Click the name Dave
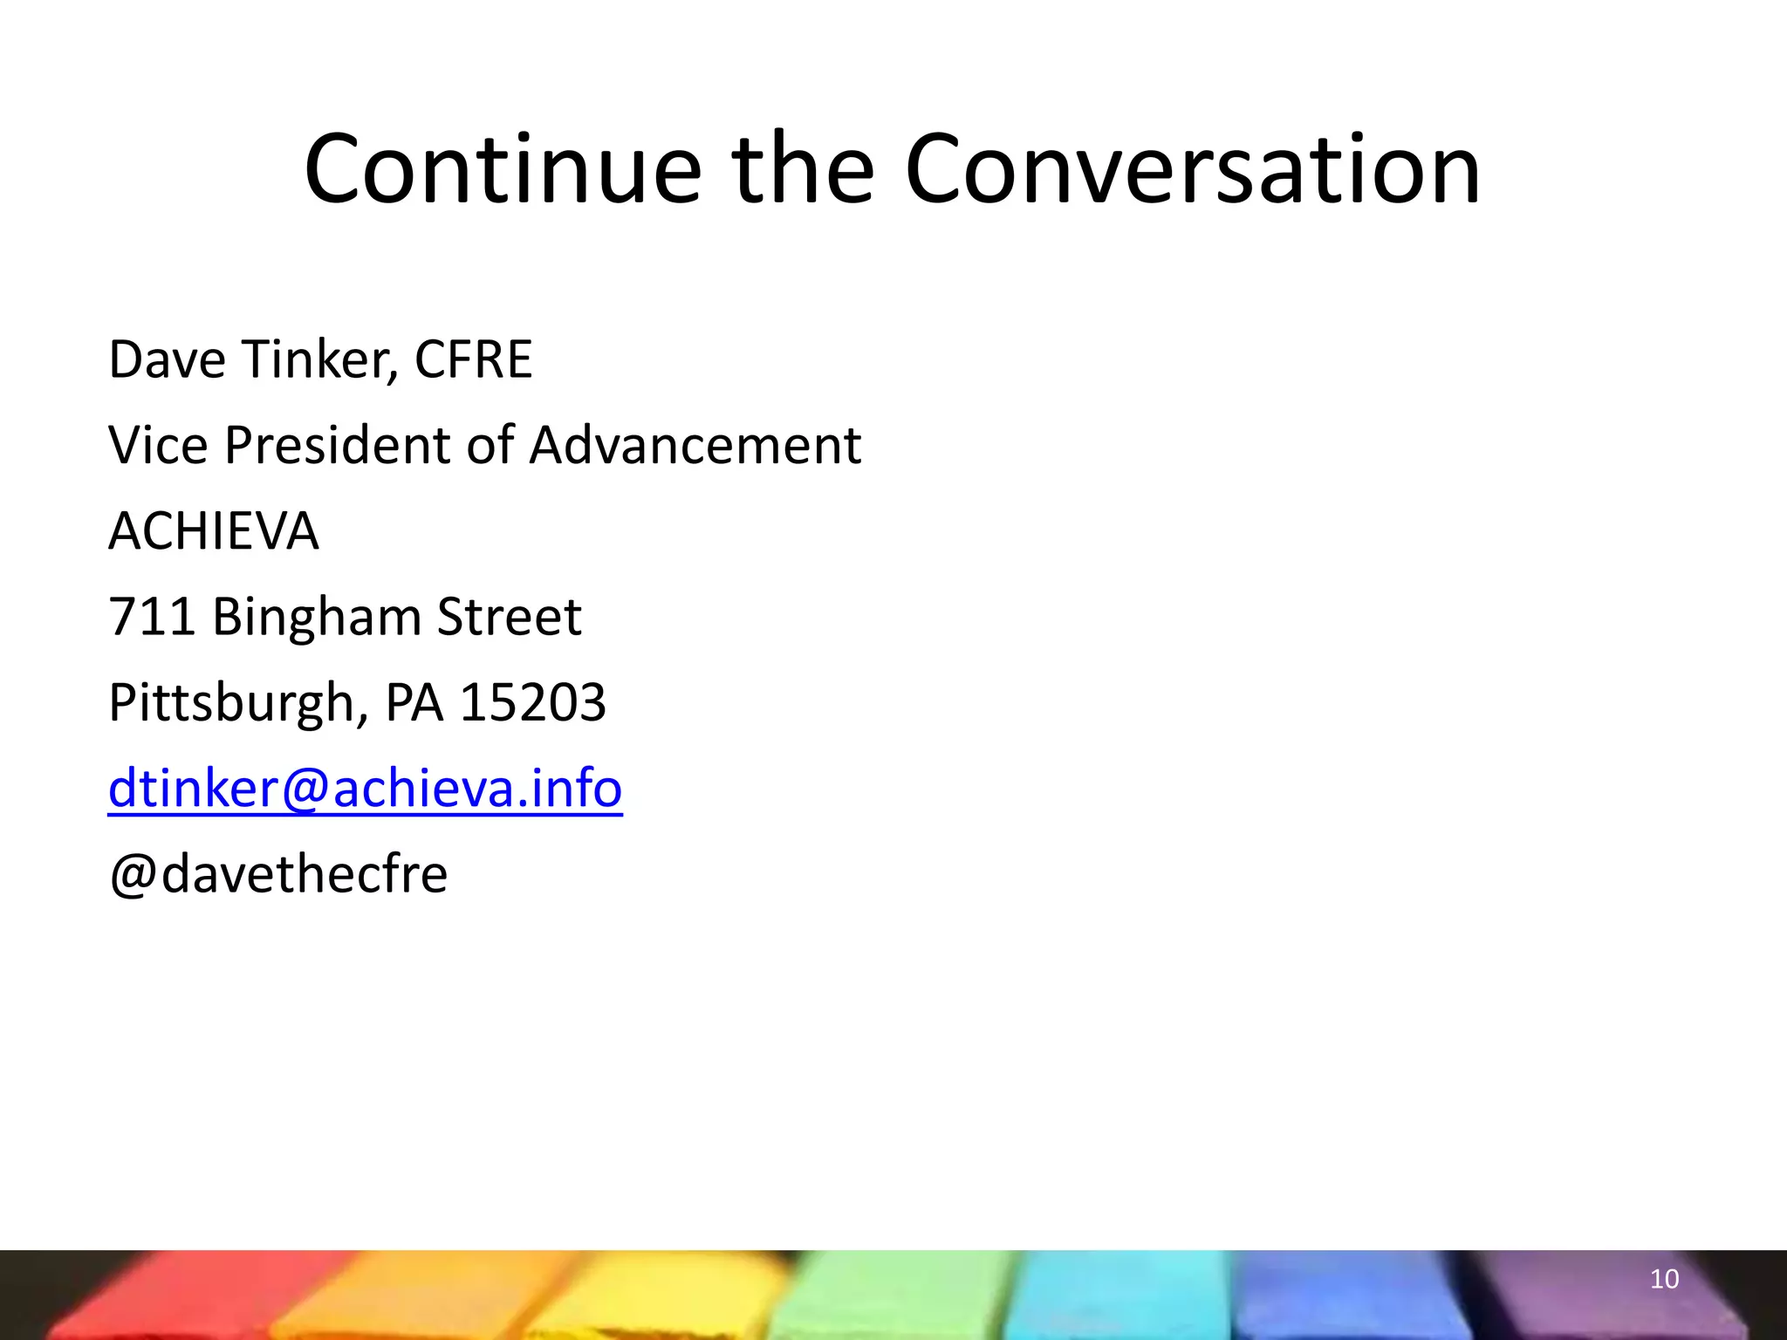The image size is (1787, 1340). coord(166,359)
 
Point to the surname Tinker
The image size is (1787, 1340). coord(318,359)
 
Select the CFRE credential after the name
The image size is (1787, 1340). coord(473,359)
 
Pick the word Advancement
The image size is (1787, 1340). coord(695,445)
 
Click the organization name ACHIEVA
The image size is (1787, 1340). coord(214,530)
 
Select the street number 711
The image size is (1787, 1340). coord(151,617)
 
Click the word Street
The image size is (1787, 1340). coord(509,617)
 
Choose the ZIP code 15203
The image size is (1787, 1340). coord(532,702)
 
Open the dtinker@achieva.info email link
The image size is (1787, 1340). coord(365,788)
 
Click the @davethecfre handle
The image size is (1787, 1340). coord(277,873)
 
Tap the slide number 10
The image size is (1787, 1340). coord(1664,1279)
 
